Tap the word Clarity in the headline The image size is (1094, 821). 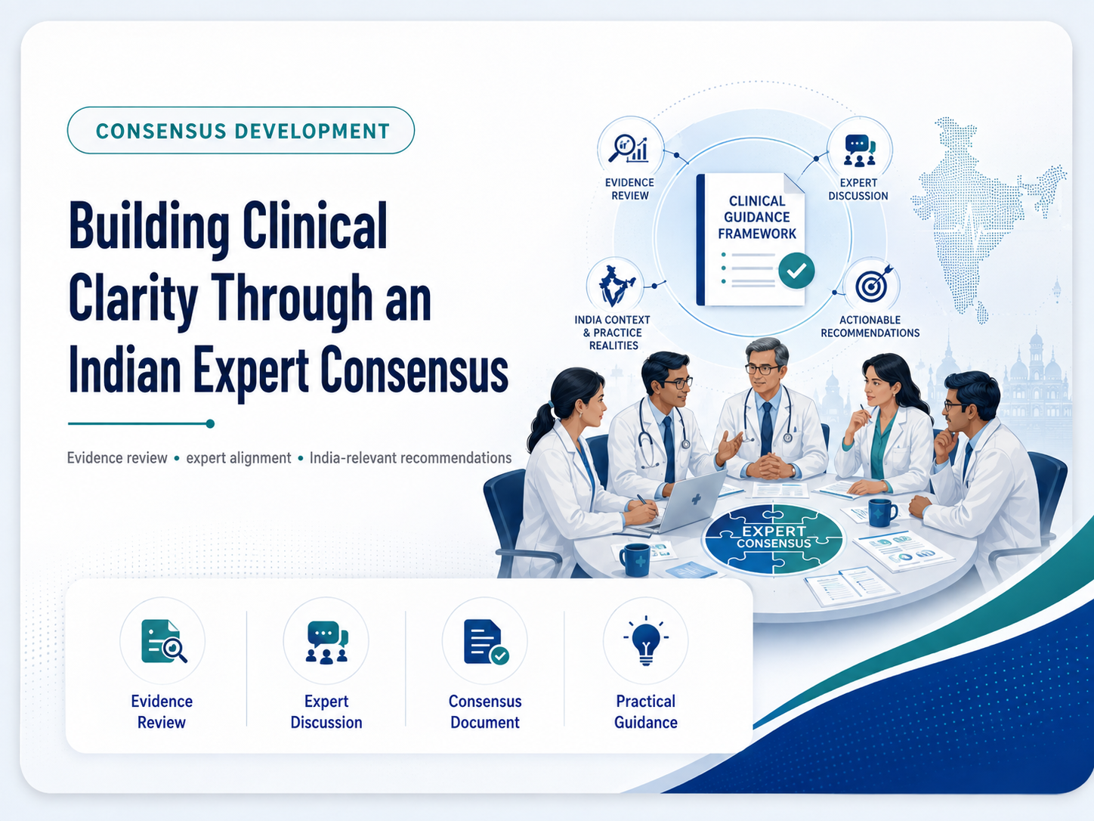[133, 298]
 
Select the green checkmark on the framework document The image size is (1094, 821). [796, 271]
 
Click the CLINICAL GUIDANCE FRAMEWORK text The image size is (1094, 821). [756, 217]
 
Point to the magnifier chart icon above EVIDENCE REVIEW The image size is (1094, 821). [629, 148]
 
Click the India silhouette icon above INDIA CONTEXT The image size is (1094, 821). [616, 286]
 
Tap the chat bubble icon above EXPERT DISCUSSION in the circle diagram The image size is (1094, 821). [860, 150]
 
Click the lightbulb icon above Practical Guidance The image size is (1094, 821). [646, 640]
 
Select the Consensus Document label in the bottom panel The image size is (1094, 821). [485, 712]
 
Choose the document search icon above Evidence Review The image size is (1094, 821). [164, 641]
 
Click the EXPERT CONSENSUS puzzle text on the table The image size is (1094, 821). [774, 537]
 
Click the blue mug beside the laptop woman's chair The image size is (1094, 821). [635, 559]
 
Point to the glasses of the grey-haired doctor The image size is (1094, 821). [763, 370]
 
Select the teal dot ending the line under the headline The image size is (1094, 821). [210, 423]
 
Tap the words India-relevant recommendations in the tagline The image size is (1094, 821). [410, 457]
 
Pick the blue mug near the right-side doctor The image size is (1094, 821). [882, 513]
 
